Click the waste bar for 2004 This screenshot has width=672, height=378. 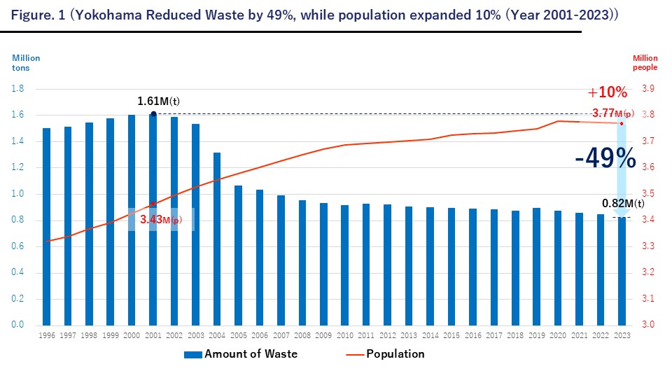(x=217, y=239)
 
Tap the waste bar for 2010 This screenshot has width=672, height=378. (x=344, y=265)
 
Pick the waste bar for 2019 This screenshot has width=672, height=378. (x=536, y=267)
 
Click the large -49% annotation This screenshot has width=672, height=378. (x=605, y=159)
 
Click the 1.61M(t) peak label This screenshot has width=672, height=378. (x=158, y=101)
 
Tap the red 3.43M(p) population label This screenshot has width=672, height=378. (x=160, y=220)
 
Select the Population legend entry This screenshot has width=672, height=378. (x=395, y=353)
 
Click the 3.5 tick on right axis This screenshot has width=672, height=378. (x=648, y=194)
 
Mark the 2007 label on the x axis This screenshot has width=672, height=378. (x=281, y=336)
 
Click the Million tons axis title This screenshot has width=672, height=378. (x=27, y=64)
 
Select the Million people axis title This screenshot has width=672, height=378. (x=645, y=64)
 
